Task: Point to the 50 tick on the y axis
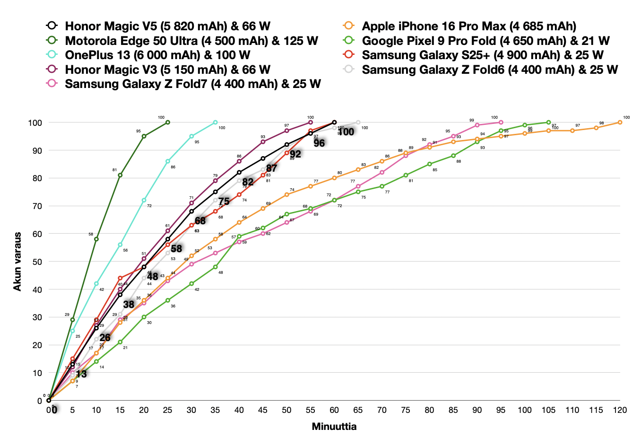pos(36,262)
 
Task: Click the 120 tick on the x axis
pos(620,410)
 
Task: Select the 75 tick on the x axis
pos(406,410)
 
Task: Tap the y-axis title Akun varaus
pos(17,262)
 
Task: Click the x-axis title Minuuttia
pos(334,427)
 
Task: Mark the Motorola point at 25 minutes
pos(168,122)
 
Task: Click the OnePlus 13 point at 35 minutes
pos(215,122)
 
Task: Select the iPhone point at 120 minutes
pos(620,122)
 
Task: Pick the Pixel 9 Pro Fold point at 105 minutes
pos(548,122)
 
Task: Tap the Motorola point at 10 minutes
pos(96,239)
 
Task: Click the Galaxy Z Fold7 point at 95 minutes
pos(501,122)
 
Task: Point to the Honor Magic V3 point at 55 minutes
pos(311,122)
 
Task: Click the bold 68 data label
pos(200,221)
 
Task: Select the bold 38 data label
pos(129,305)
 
